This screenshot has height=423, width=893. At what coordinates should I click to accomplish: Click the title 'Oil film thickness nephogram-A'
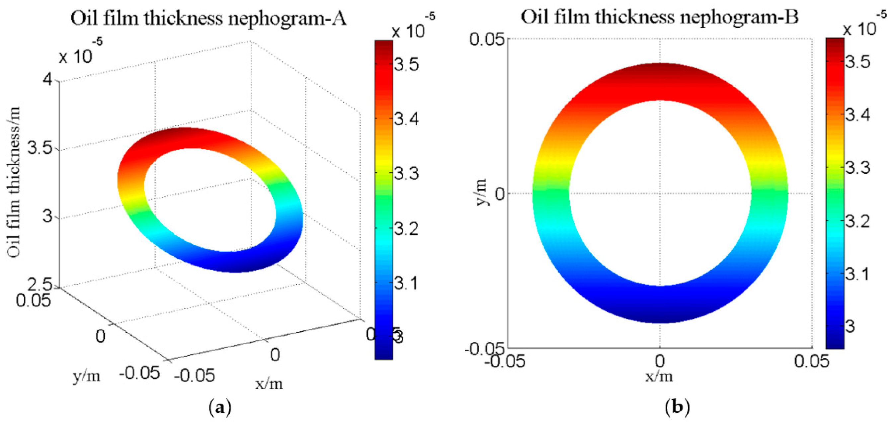coord(208,18)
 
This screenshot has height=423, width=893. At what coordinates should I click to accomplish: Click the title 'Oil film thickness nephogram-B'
coord(660,17)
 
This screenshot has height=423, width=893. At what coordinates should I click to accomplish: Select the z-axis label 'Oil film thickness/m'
coord(14,182)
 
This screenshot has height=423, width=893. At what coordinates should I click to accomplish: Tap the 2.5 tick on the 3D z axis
coord(40,285)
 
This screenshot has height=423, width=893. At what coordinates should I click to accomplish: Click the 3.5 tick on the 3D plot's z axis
coord(40,148)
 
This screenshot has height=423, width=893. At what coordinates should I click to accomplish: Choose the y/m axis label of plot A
coord(87,376)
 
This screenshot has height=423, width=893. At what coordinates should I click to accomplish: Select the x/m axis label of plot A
coord(269,383)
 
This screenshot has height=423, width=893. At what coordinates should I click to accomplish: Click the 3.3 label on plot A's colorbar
coord(407,173)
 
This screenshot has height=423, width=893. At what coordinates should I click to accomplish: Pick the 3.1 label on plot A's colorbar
coord(407,283)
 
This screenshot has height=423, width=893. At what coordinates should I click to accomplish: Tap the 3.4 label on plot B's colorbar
coord(857,115)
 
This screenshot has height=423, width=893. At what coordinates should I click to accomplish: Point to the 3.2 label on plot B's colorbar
coord(857,220)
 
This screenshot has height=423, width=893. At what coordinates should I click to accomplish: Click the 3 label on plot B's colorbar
coord(851,326)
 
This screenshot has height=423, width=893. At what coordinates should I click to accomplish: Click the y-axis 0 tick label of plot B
coord(500,194)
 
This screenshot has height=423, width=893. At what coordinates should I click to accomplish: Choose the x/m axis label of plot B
coord(659,376)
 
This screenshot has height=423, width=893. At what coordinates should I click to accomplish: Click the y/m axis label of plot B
coord(481,193)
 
